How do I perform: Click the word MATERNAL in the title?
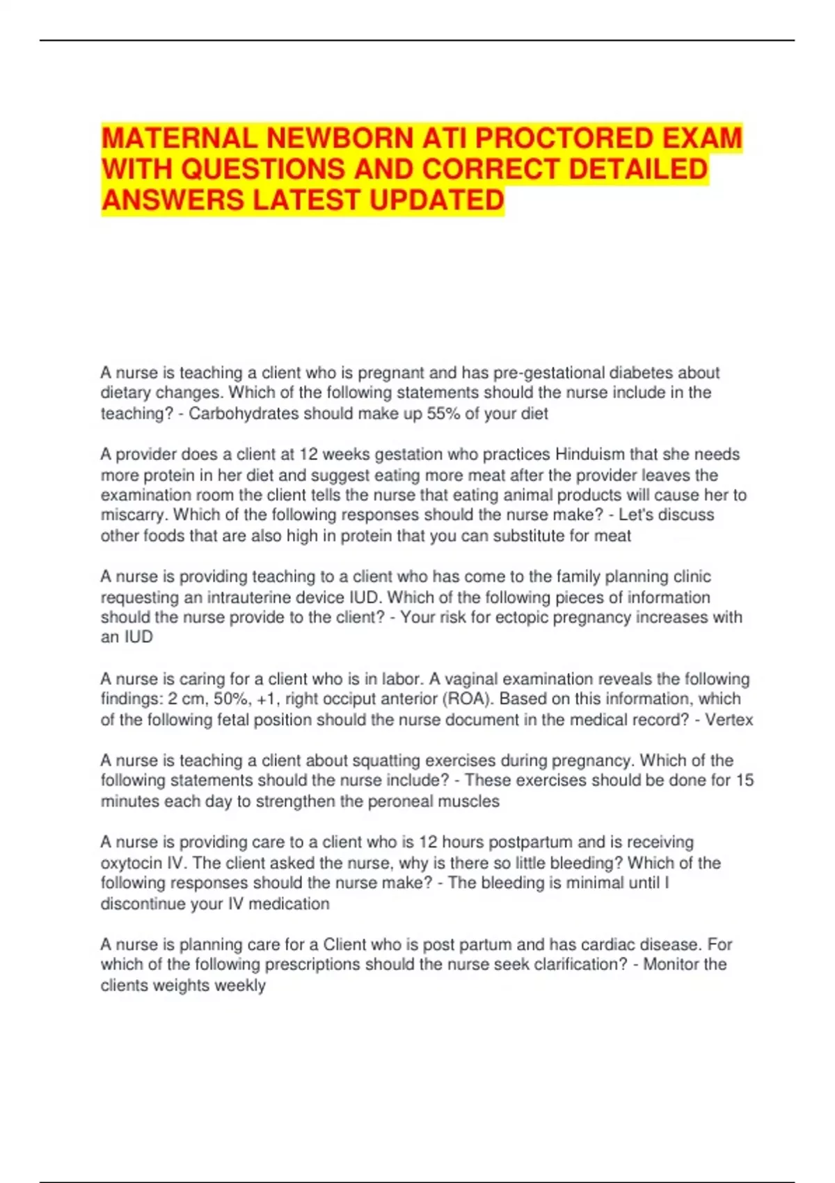pos(180,138)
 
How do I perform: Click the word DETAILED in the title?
pos(638,169)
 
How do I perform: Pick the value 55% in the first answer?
pos(443,413)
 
